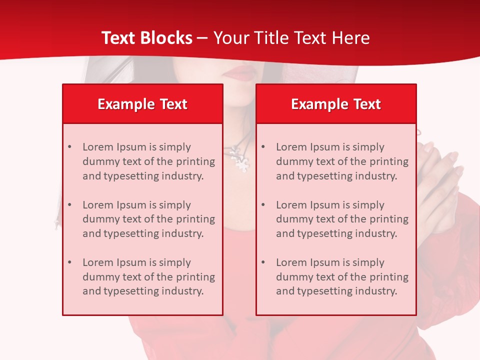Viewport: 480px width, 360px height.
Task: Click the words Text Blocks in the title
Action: point(146,38)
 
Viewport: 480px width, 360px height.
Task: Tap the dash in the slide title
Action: point(202,38)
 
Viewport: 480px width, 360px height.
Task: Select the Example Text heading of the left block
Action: point(142,104)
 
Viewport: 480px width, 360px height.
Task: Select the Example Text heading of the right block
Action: point(336,104)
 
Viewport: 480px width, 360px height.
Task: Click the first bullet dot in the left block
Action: point(69,147)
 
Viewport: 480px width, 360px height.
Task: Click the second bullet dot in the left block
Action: point(69,205)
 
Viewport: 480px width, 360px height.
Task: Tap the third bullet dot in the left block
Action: point(69,262)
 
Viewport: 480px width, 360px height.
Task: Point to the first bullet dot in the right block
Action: point(263,147)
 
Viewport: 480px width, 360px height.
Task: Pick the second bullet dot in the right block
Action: point(263,205)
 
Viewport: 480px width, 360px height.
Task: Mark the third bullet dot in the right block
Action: point(263,262)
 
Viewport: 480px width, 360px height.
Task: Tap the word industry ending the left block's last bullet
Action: point(184,291)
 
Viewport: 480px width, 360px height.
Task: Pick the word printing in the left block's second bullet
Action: point(197,219)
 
